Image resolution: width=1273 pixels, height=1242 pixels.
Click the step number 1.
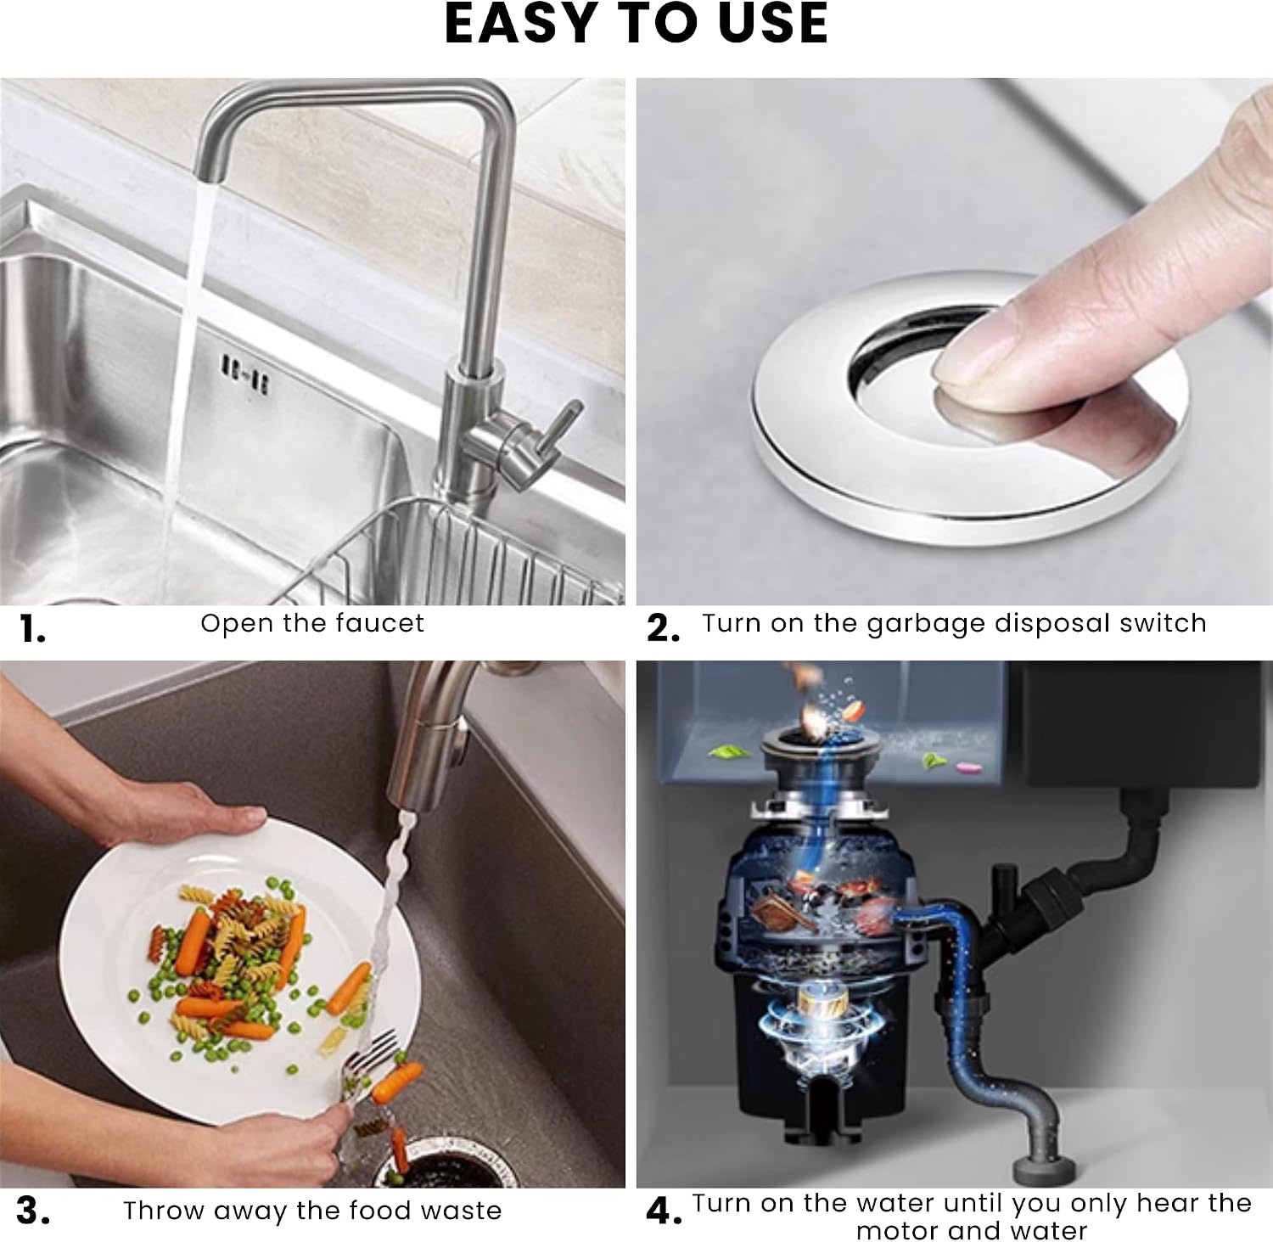[x=32, y=629]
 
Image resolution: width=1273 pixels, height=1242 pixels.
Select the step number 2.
[x=663, y=628]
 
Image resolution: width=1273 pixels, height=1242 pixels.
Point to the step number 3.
[x=33, y=1211]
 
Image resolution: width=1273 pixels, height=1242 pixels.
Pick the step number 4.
[x=664, y=1211]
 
